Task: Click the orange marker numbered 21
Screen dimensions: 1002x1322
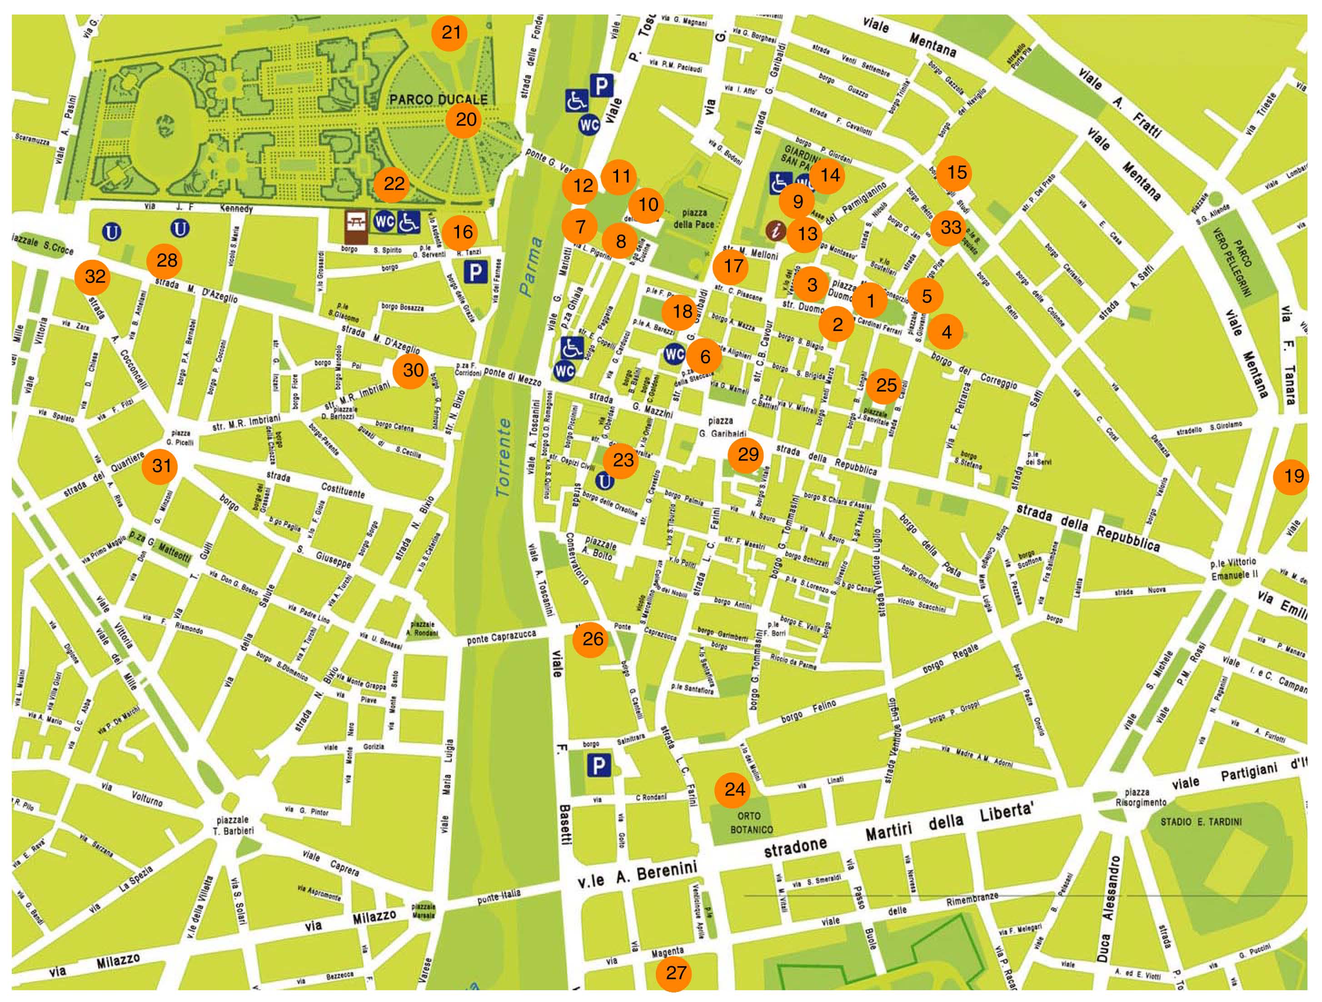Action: point(451,32)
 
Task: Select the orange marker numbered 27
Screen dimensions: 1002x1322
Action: point(675,973)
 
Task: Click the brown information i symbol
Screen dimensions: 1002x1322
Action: point(776,231)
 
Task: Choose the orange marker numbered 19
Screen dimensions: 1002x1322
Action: point(1293,476)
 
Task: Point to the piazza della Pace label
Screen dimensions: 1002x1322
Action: point(693,218)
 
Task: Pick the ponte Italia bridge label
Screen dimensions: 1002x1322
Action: point(499,896)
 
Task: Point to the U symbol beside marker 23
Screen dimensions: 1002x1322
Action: point(605,481)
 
